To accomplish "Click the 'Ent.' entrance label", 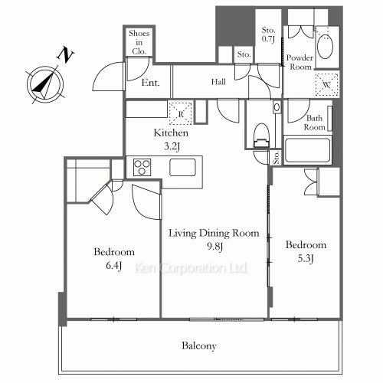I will pyautogui.click(x=151, y=83).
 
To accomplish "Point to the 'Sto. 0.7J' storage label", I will pyautogui.click(x=268, y=34).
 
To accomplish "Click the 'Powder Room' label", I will pyautogui.click(x=300, y=62).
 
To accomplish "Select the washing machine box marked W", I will pyautogui.click(x=326, y=85).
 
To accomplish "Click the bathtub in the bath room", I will pyautogui.click(x=306, y=150).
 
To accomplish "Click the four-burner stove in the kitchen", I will pyautogui.click(x=143, y=167).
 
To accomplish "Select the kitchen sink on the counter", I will pyautogui.click(x=184, y=167).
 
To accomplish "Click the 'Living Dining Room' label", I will pyautogui.click(x=213, y=233).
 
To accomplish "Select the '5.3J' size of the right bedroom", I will pyautogui.click(x=306, y=258).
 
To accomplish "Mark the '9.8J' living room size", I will pyautogui.click(x=213, y=247).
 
